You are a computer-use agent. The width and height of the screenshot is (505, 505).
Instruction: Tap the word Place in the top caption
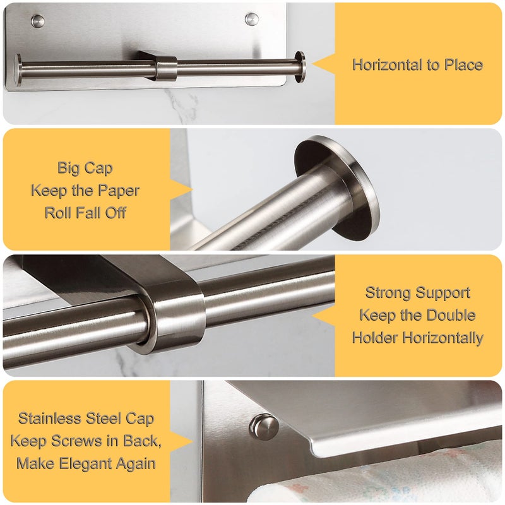461,65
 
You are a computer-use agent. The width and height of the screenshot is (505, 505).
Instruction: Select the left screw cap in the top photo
39,21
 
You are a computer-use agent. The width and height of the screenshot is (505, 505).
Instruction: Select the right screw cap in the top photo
252,19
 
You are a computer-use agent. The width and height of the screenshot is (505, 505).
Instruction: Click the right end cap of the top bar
300,66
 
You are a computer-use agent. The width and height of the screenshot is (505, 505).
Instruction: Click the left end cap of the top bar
18,69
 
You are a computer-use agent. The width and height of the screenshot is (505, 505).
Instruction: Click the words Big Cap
85,168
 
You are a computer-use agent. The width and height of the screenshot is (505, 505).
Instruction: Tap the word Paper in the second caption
119,190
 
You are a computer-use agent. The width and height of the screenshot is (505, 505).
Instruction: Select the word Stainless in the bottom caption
50,419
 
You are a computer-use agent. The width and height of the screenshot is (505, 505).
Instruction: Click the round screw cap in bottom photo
264,427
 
